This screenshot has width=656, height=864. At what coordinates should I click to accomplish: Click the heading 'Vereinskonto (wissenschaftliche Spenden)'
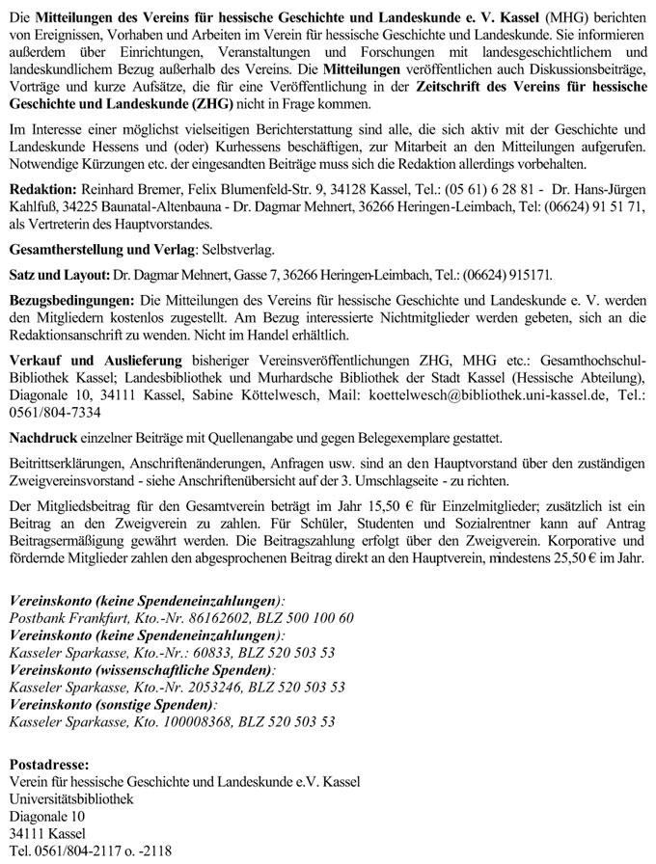pyautogui.click(x=140, y=669)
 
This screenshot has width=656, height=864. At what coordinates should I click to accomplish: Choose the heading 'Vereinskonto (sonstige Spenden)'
pyautogui.click(x=112, y=704)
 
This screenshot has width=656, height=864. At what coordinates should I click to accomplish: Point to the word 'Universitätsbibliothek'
pyautogui.click(x=72, y=798)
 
